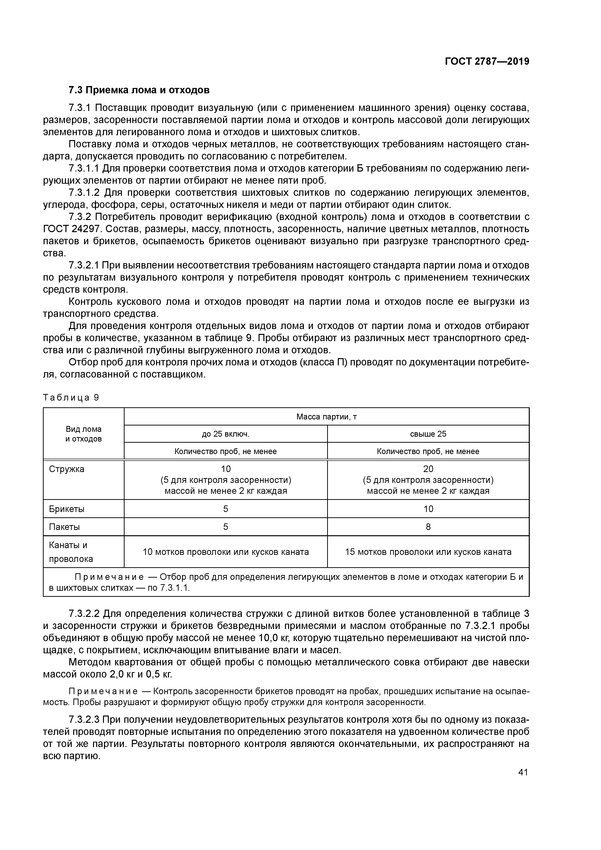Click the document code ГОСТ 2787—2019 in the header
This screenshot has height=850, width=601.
click(487, 62)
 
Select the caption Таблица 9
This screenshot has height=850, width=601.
click(71, 398)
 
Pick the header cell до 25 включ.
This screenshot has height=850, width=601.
click(226, 434)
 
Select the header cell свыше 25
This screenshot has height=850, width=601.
click(428, 434)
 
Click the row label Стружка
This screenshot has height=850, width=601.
click(67, 469)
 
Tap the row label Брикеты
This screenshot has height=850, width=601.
click(67, 509)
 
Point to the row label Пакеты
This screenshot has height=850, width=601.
click(64, 527)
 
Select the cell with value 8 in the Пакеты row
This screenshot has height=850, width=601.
click(428, 527)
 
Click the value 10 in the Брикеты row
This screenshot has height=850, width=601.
click(428, 509)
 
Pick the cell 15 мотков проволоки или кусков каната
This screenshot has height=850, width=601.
click(428, 552)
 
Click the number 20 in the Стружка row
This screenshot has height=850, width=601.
click(428, 469)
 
